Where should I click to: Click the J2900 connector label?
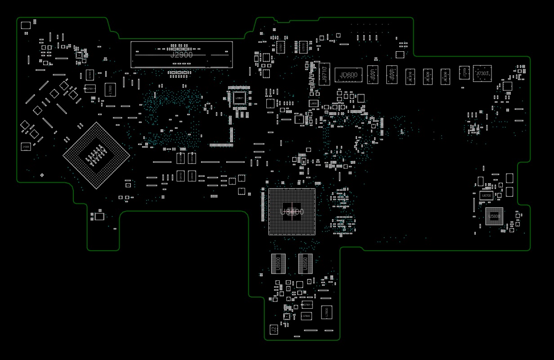181,55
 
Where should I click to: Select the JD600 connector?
348,75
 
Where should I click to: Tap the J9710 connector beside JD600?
324,74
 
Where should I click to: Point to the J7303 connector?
482,73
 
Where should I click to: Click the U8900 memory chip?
278,264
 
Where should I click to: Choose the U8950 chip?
305,264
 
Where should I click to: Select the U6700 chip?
486,195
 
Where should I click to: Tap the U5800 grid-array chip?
494,216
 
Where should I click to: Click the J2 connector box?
273,329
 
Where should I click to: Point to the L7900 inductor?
110,90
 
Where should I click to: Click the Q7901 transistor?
90,89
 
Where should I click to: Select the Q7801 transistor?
307,305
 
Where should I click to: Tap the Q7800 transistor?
306,316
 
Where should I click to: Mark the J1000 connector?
26,147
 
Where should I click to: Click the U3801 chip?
239,98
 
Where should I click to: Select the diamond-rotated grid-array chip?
96,155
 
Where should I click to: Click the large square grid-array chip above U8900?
292,211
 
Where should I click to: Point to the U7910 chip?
304,47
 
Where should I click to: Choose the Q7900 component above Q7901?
90,75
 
